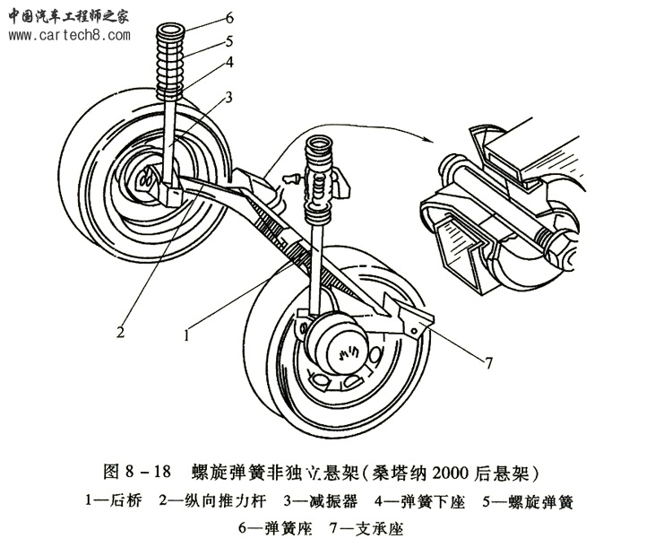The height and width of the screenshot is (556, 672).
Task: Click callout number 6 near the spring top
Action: point(229,18)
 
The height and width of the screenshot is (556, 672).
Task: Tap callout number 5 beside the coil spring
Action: point(229,40)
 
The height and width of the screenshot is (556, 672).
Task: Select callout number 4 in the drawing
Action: point(229,63)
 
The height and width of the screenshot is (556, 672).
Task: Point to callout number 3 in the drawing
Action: point(229,97)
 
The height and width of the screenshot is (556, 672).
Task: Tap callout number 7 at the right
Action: point(489,362)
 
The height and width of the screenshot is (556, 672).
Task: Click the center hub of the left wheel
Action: point(143,178)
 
